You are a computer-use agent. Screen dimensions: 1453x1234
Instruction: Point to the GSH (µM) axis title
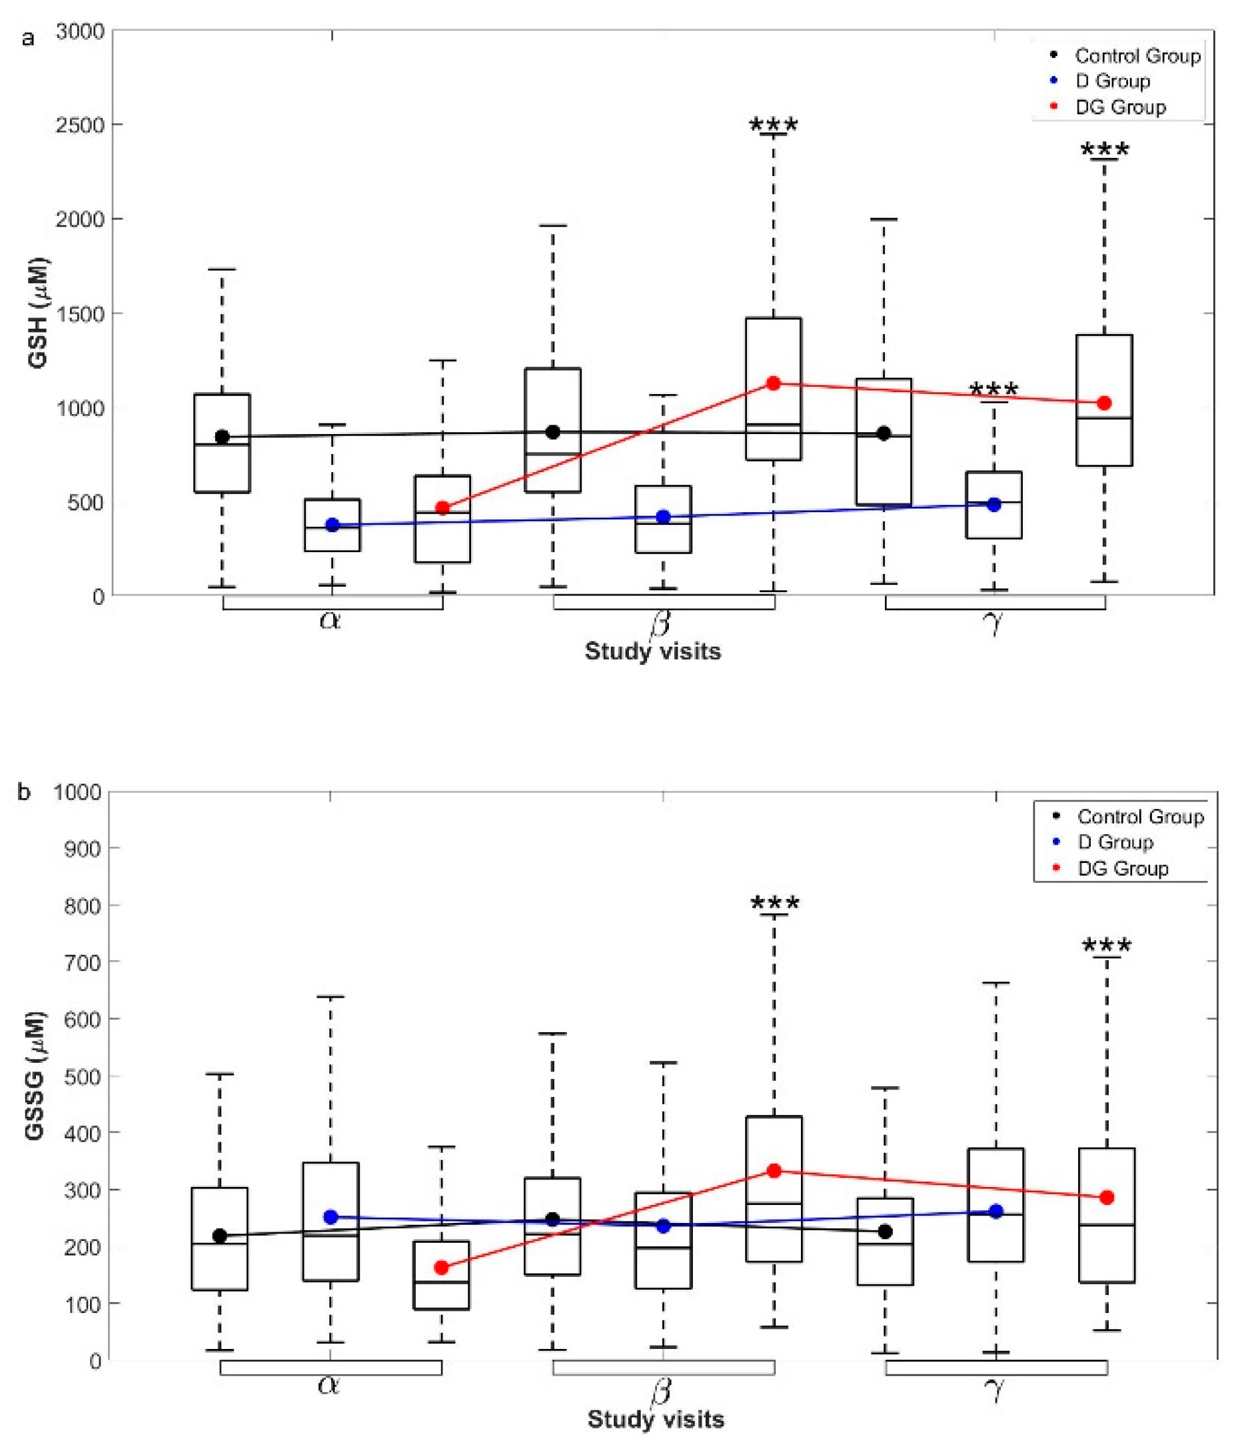(x=39, y=313)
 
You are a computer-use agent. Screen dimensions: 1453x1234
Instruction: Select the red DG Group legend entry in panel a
(x=1119, y=107)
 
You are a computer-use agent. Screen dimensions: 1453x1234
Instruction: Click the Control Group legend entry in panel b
(x=1139, y=817)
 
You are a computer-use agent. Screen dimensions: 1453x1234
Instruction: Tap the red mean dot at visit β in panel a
(x=773, y=383)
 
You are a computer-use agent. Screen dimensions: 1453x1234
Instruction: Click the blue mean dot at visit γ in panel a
(x=994, y=504)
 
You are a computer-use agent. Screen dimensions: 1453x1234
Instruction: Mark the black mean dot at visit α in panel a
(x=222, y=437)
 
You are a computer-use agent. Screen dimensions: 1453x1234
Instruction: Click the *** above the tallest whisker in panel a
(x=773, y=126)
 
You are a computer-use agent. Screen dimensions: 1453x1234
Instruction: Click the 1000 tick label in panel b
(x=78, y=792)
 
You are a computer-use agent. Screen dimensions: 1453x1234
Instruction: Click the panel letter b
(x=25, y=792)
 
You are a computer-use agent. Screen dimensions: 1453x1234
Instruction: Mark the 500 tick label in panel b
(x=84, y=1076)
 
